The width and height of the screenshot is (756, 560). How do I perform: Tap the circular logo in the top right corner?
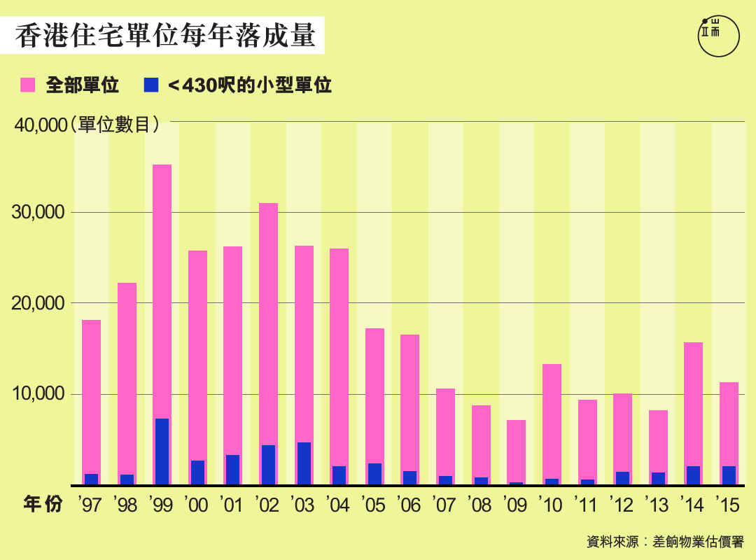(719, 35)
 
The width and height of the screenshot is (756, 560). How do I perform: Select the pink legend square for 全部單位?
(28, 85)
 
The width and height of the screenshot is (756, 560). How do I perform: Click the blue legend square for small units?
(150, 85)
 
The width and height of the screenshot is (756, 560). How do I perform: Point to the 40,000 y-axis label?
(39, 125)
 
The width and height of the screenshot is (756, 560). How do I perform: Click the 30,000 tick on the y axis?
(39, 213)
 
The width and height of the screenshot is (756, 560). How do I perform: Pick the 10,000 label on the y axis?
(39, 394)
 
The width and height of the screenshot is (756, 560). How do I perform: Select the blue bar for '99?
(162, 451)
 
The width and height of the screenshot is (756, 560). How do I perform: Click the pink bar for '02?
(268, 322)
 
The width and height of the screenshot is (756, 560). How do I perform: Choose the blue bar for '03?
(304, 463)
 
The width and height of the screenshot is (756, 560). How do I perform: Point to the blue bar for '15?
(729, 475)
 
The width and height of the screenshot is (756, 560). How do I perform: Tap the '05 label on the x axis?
(373, 505)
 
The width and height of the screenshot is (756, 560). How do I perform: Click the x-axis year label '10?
(551, 505)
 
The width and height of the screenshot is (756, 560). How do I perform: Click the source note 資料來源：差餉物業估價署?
(665, 542)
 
